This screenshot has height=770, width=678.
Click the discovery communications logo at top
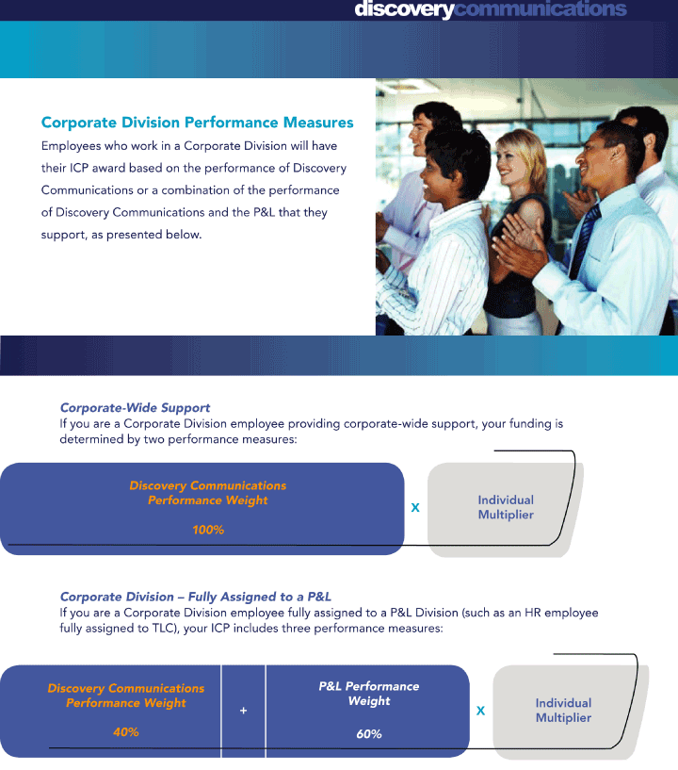[491, 8]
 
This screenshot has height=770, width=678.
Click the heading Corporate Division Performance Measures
[197, 123]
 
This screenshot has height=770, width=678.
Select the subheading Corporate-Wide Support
[135, 407]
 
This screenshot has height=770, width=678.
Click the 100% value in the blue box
[208, 530]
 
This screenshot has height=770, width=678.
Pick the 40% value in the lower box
[125, 732]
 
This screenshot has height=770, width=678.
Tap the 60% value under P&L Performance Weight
[369, 734]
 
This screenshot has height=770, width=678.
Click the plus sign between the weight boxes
[243, 711]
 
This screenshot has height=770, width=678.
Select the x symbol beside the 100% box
[415, 508]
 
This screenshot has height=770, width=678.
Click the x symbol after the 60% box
[481, 711]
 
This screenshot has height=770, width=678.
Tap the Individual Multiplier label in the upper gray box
[506, 507]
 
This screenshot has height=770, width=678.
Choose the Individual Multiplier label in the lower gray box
[563, 710]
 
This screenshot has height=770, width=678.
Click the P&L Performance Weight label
[369, 694]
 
